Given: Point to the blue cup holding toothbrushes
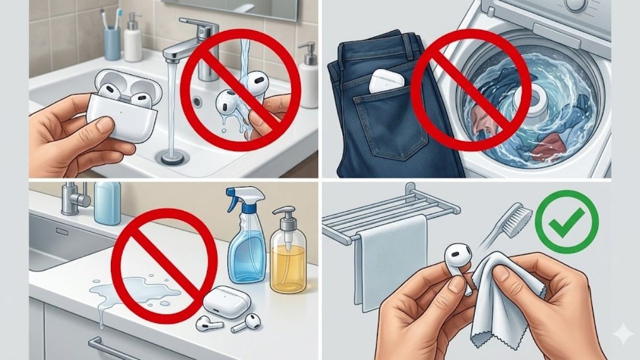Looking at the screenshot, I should click(x=112, y=43).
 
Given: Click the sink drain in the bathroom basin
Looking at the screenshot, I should click(x=172, y=157).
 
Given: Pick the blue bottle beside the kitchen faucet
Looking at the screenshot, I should click(x=107, y=202).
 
